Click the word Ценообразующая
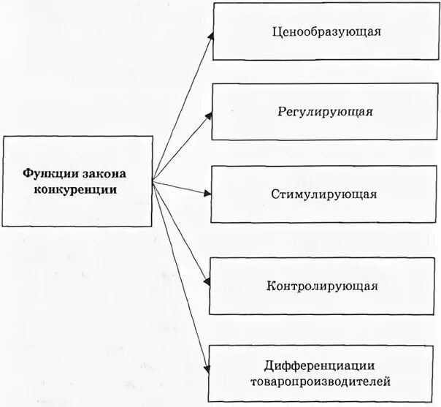pyautogui.click(x=326, y=32)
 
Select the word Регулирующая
pyautogui.click(x=326, y=113)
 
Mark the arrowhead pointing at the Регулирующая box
pyautogui.click(x=209, y=115)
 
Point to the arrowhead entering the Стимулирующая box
pyautogui.click(x=207, y=194)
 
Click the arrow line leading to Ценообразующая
pyautogui.click(x=182, y=104)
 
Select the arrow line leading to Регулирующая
pyautogui.click(x=183, y=145)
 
